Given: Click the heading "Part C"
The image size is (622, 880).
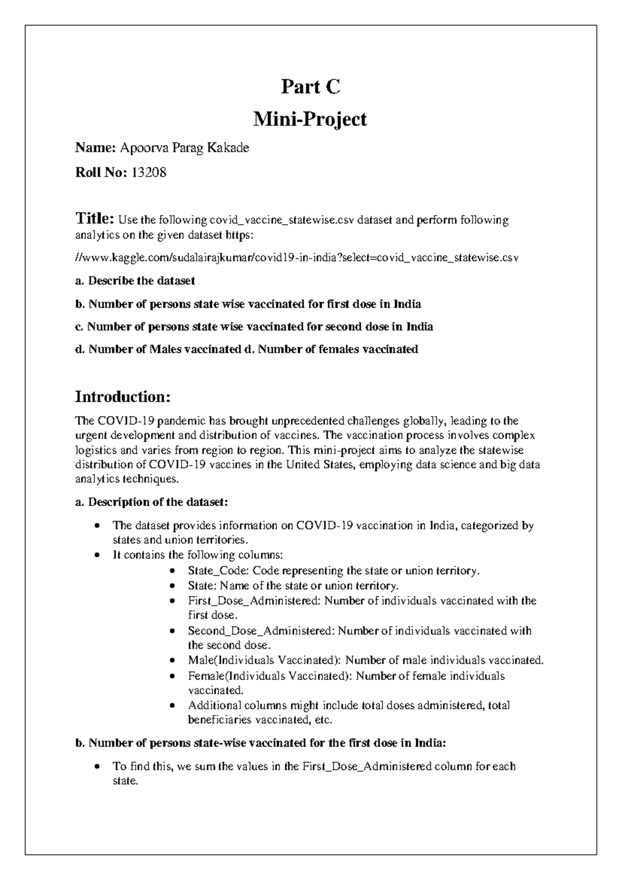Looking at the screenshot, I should coord(310,87).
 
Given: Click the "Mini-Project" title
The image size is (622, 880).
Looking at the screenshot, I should coord(310,120).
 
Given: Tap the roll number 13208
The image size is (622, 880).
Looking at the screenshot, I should coord(149,173).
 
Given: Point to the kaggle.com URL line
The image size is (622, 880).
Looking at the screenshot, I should coord(296,257).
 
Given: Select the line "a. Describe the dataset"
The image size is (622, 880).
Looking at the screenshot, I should coord(135,281).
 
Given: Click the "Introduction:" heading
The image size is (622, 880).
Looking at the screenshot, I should coord(123,397).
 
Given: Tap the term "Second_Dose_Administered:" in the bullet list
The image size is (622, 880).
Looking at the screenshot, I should coord(262,631).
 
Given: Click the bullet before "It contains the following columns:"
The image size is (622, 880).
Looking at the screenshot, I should coord(97,555).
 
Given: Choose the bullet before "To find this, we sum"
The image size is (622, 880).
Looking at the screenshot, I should coord(97,767).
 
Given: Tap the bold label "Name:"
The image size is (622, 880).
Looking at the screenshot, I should coord(95,148).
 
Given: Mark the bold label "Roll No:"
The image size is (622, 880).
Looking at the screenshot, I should coord(101,173).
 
